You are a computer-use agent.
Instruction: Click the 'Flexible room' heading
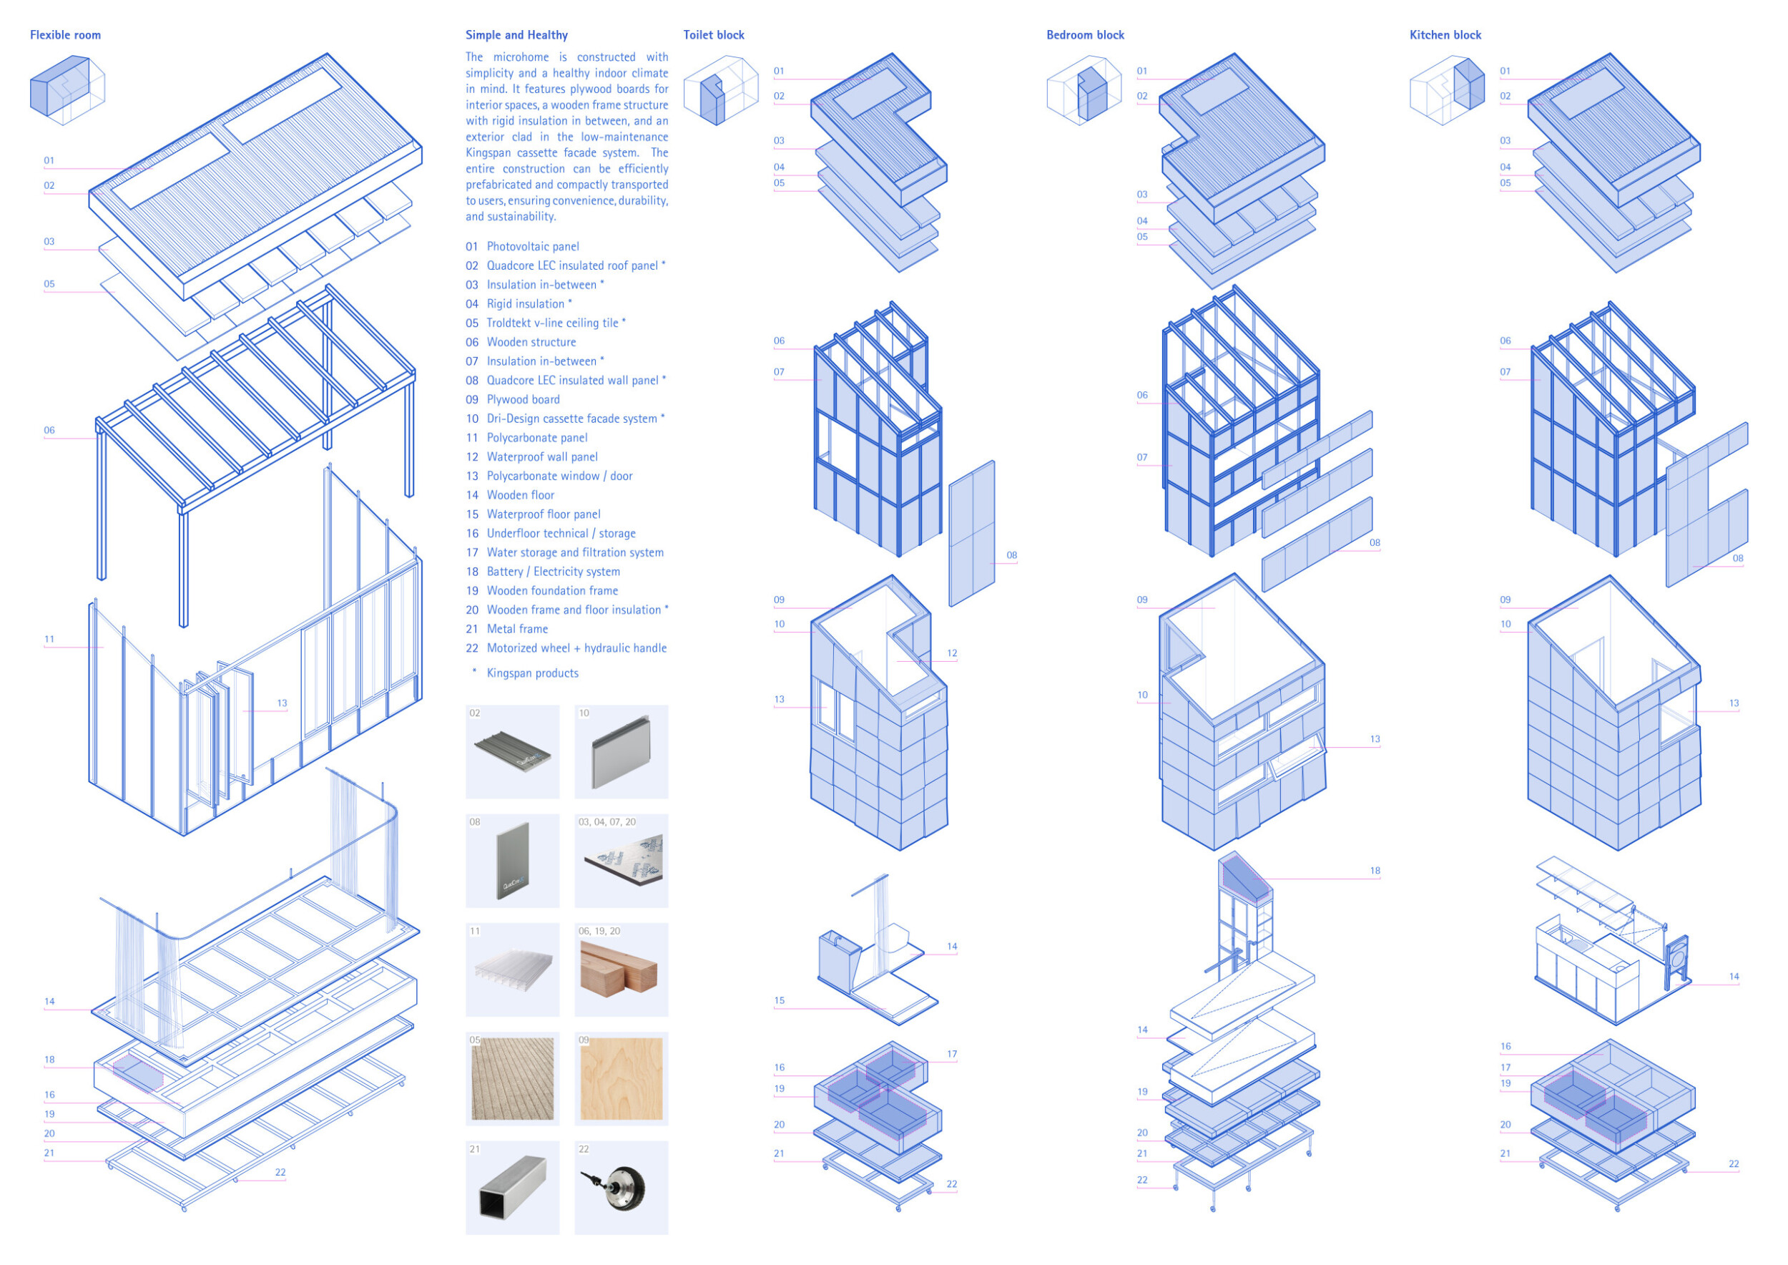click(x=65, y=35)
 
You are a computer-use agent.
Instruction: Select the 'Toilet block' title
click(x=713, y=35)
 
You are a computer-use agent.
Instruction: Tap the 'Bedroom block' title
click(x=1085, y=35)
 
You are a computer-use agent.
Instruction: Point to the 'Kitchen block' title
click(x=1445, y=35)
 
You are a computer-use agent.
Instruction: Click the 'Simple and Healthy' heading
click(x=516, y=35)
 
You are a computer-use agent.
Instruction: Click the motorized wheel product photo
click(x=621, y=1187)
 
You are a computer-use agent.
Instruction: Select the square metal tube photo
click(x=512, y=1187)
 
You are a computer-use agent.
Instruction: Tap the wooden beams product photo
click(x=621, y=969)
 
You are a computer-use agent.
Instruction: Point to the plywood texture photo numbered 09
click(x=621, y=1078)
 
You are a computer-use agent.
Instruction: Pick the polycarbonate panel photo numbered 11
click(x=512, y=969)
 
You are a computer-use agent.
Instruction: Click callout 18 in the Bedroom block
click(x=1375, y=871)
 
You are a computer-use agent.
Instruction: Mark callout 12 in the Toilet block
click(x=952, y=653)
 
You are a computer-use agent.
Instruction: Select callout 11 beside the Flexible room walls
click(x=49, y=640)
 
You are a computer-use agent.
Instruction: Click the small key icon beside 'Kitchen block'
click(x=1447, y=90)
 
